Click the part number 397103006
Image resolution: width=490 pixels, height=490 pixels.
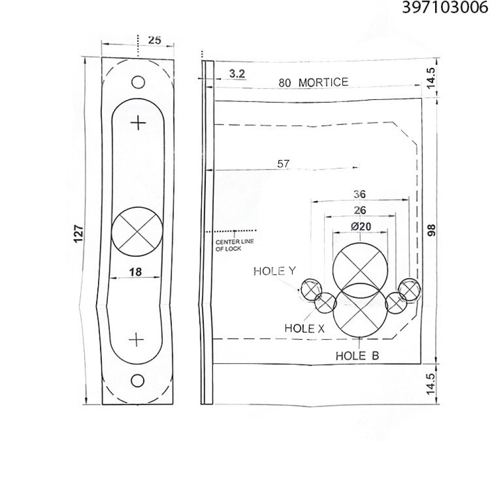pyautogui.click(x=445, y=7)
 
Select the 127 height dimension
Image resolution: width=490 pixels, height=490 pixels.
pyautogui.click(x=78, y=233)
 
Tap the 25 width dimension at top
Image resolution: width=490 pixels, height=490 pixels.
pyautogui.click(x=155, y=40)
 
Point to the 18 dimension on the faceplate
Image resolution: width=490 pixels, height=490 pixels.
pyautogui.click(x=135, y=272)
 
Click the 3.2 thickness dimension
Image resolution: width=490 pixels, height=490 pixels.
pyautogui.click(x=237, y=74)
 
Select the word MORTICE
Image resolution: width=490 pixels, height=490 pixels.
pyautogui.click(x=323, y=82)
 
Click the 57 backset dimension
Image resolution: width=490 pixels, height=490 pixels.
pyautogui.click(x=283, y=164)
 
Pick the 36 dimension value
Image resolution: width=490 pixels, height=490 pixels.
pyautogui.click(x=360, y=194)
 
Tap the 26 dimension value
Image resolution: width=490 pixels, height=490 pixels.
pyautogui.click(x=360, y=210)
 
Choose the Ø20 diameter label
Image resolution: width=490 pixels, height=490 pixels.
pyautogui.click(x=361, y=226)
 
